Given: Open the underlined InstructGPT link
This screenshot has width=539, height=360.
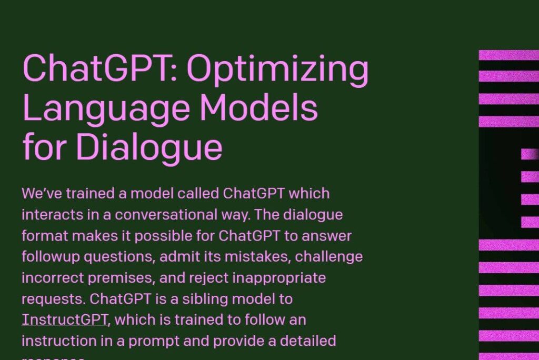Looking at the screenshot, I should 65,319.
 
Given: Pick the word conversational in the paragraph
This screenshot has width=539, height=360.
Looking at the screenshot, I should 174,215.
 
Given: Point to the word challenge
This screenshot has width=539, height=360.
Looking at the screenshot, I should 329,257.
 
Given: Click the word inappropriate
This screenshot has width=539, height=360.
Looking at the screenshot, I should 280,278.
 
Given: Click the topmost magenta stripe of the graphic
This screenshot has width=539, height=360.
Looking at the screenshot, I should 509,55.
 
